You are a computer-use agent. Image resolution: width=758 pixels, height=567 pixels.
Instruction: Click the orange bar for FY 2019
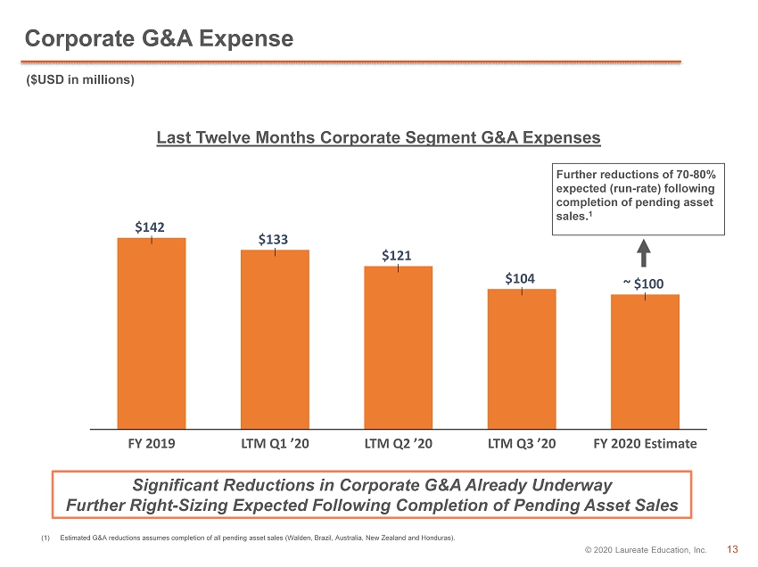(x=152, y=333)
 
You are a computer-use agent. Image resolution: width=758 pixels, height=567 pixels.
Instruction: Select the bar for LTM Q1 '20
(x=275, y=340)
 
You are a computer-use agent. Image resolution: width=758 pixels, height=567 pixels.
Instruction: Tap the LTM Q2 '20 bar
(x=399, y=348)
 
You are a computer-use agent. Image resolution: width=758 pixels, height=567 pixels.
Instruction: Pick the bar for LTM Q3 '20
(x=522, y=358)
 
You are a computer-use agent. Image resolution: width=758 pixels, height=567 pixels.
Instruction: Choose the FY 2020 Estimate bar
(x=645, y=362)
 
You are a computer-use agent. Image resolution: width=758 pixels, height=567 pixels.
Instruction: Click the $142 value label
(x=150, y=227)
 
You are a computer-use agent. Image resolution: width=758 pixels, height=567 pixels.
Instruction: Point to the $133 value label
(x=273, y=239)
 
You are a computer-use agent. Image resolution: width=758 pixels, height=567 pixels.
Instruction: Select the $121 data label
(x=397, y=255)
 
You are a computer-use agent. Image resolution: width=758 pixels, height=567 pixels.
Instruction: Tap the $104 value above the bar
(x=520, y=278)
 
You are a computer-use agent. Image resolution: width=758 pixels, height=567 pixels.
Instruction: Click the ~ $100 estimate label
(x=644, y=283)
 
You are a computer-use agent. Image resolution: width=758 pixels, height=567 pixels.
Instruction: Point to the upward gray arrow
(x=644, y=253)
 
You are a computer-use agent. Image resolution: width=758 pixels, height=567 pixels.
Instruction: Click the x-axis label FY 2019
(x=152, y=444)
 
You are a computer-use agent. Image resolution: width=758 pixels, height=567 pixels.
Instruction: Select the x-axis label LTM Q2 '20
(x=399, y=444)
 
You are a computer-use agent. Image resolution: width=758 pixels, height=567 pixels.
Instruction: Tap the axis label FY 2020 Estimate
(x=645, y=444)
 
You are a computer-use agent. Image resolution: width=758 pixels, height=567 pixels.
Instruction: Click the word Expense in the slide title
(x=246, y=39)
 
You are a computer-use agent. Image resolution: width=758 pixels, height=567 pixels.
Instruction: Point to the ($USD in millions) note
(x=80, y=79)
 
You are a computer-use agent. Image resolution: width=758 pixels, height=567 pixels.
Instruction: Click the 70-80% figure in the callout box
(x=696, y=175)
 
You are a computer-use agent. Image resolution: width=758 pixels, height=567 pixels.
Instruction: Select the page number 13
(x=732, y=549)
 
